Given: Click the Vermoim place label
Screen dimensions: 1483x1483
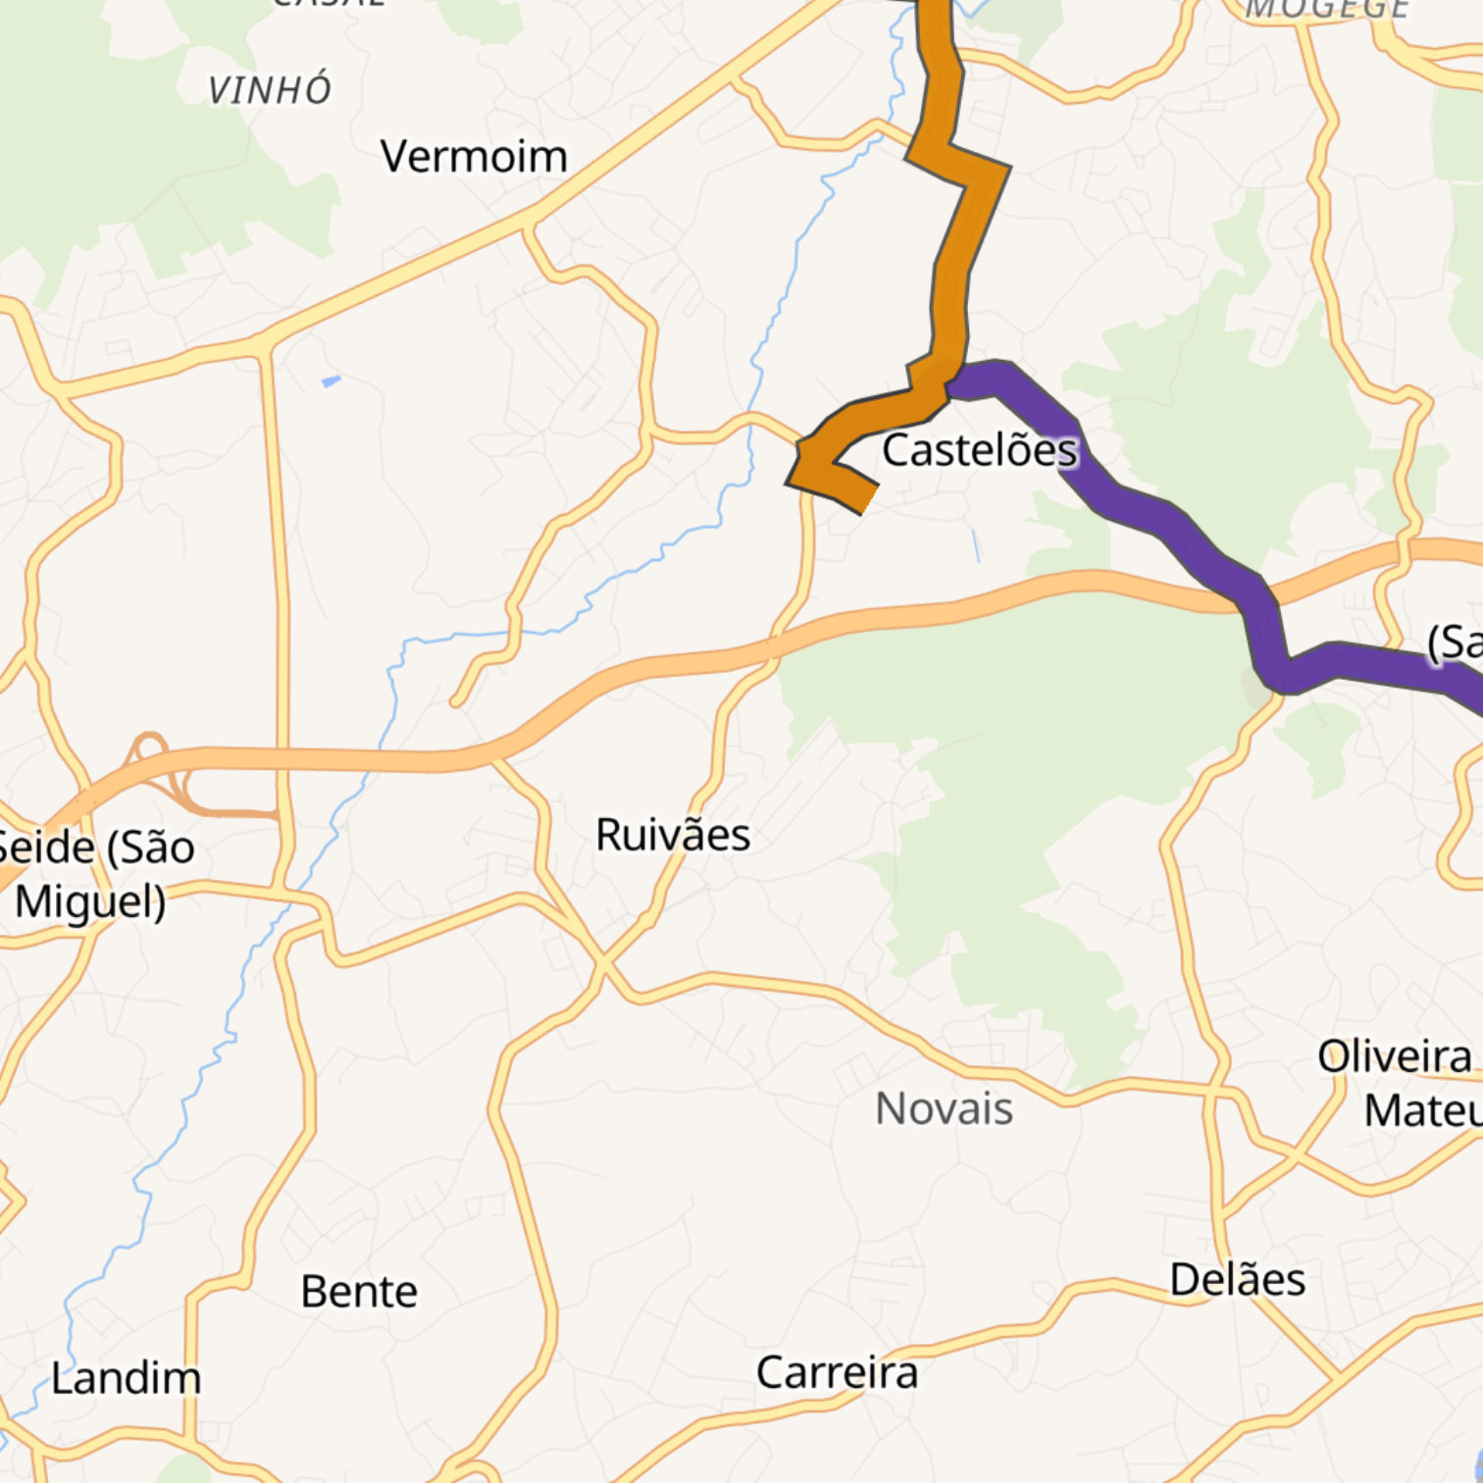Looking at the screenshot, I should pyautogui.click(x=474, y=157).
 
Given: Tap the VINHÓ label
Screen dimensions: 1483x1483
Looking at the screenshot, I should pyautogui.click(x=270, y=90).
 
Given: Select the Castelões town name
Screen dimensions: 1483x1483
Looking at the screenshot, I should pyautogui.click(x=979, y=450).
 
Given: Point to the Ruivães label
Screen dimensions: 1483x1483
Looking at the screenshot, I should pyautogui.click(x=673, y=836).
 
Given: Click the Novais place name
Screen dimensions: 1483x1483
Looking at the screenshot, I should pyautogui.click(x=944, y=1109).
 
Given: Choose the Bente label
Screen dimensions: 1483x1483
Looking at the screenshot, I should pyautogui.click(x=359, y=1292).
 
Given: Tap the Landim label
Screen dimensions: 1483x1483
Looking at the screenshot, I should pyautogui.click(x=126, y=1378).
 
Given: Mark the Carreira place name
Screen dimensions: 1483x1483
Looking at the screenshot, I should pyautogui.click(x=837, y=1372).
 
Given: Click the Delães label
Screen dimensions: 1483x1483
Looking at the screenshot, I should pyautogui.click(x=1238, y=1280).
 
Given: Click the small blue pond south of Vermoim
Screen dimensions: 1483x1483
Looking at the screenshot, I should pyautogui.click(x=332, y=381).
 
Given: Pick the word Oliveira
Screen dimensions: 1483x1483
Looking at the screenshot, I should pyautogui.click(x=1394, y=1057).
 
